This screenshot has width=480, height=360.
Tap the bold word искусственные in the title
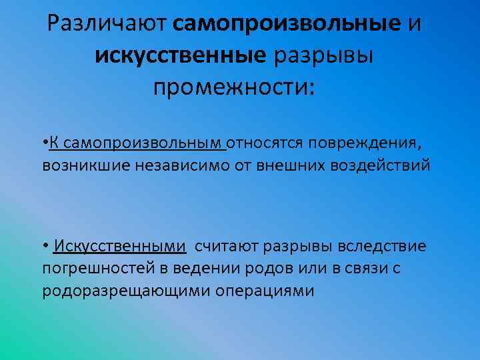click(x=180, y=56)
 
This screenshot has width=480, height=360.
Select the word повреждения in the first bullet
click(x=369, y=143)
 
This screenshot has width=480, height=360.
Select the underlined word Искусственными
click(x=119, y=247)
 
